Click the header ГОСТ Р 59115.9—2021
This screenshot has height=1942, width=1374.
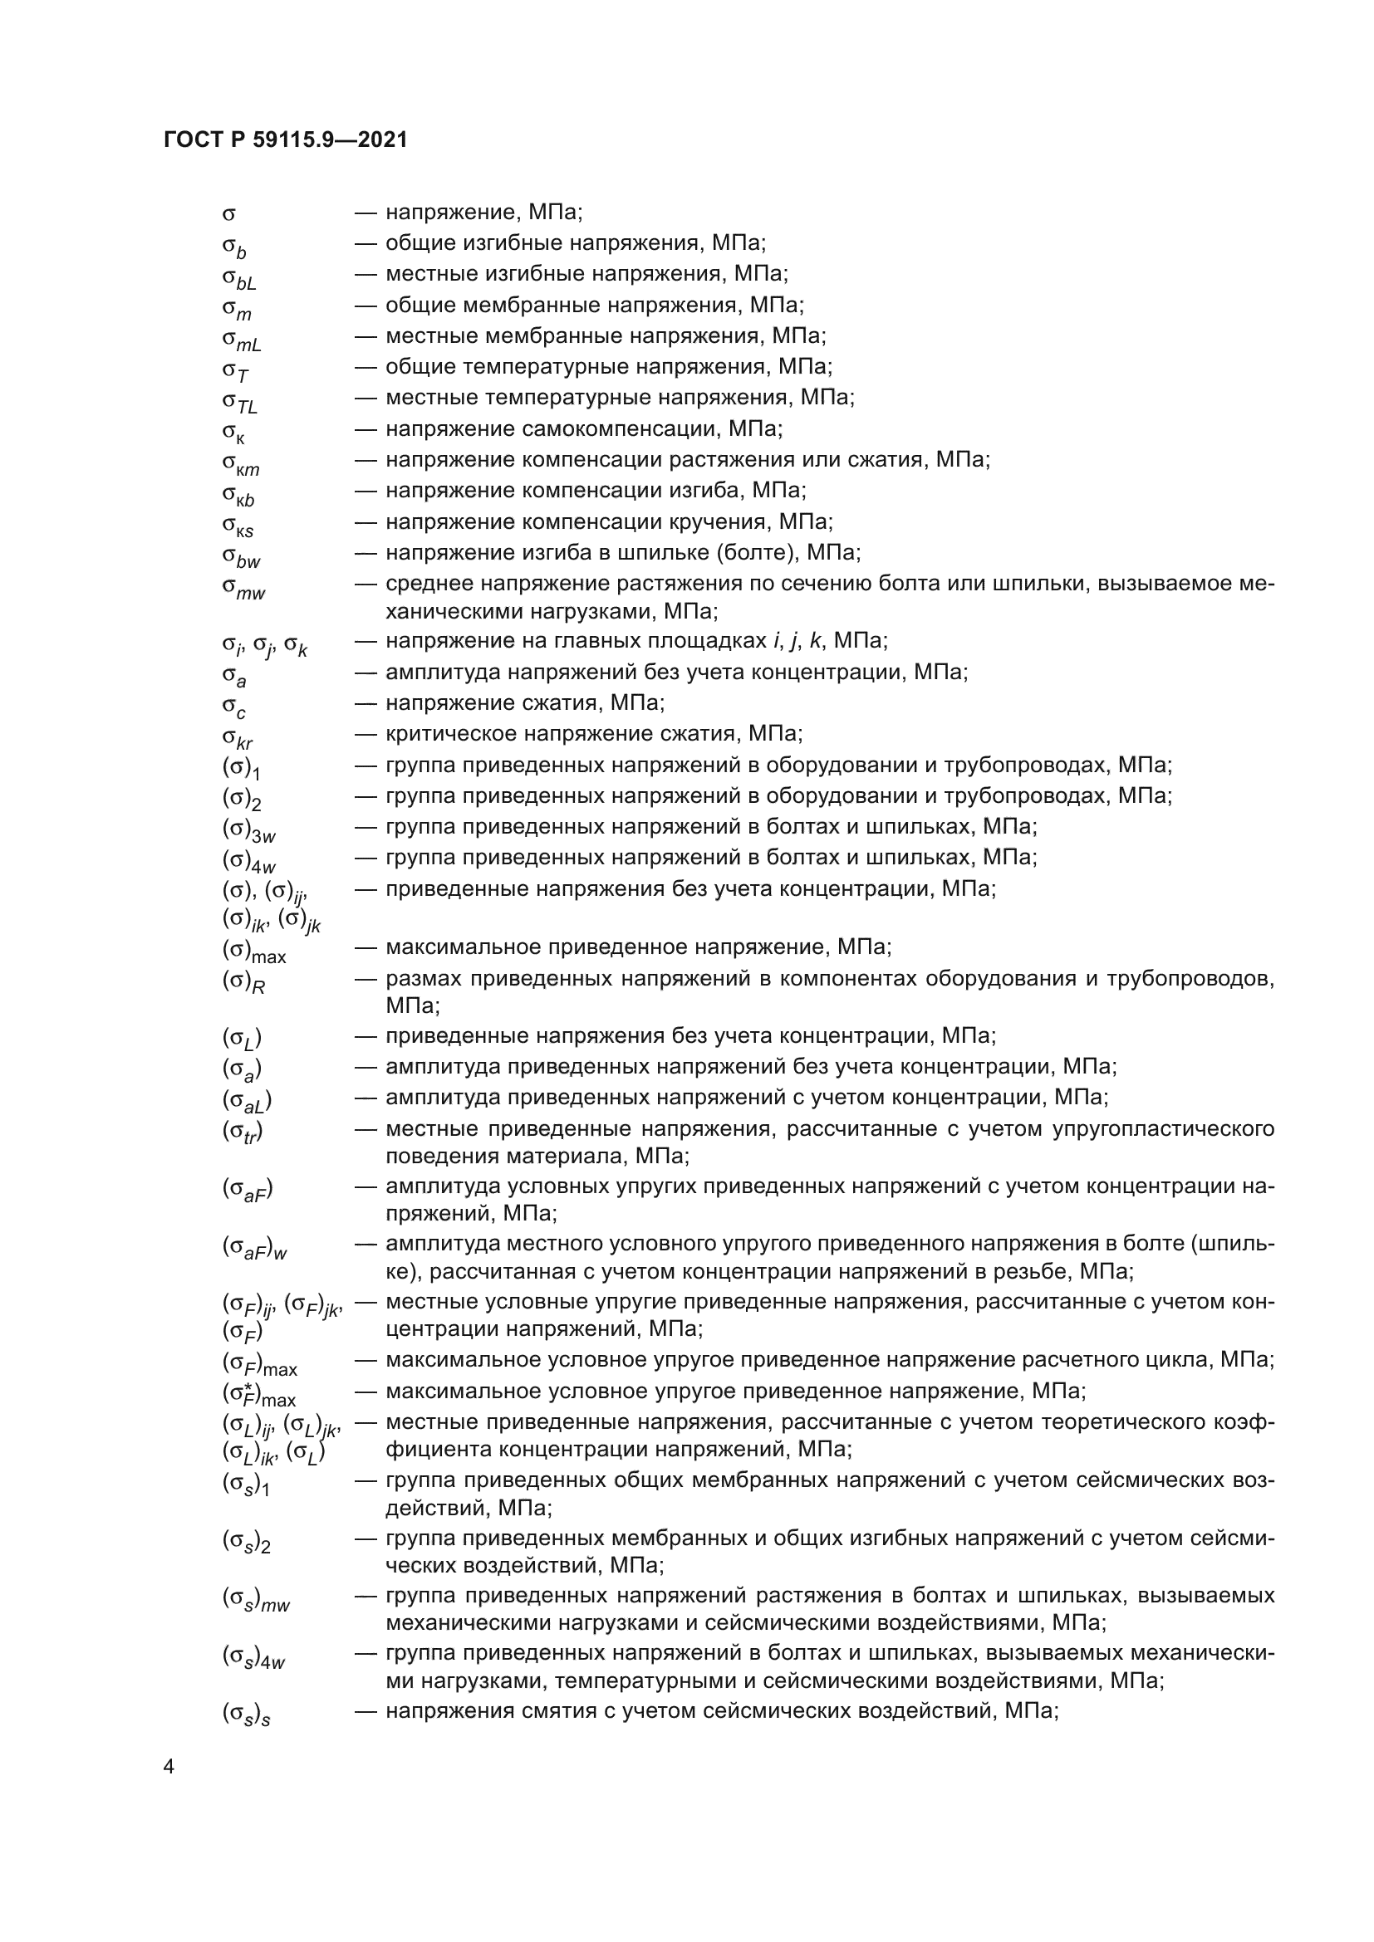pos(285,140)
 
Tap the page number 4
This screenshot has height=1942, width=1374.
pos(169,1767)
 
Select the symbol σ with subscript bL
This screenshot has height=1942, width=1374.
pos(238,277)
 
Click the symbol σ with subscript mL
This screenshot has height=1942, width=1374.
pos(241,340)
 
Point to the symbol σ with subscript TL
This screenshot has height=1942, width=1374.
pos(239,401)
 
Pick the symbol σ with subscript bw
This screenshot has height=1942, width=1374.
pos(241,556)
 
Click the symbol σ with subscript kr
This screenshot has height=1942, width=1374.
pos(237,738)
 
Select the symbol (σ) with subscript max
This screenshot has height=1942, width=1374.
pos(254,951)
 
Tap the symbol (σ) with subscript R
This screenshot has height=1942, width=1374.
pos(243,982)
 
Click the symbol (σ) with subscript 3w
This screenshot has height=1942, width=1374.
pos(248,830)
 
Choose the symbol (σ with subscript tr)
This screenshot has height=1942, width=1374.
pos(243,1132)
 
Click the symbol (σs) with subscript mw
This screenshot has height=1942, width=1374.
pos(256,1598)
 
